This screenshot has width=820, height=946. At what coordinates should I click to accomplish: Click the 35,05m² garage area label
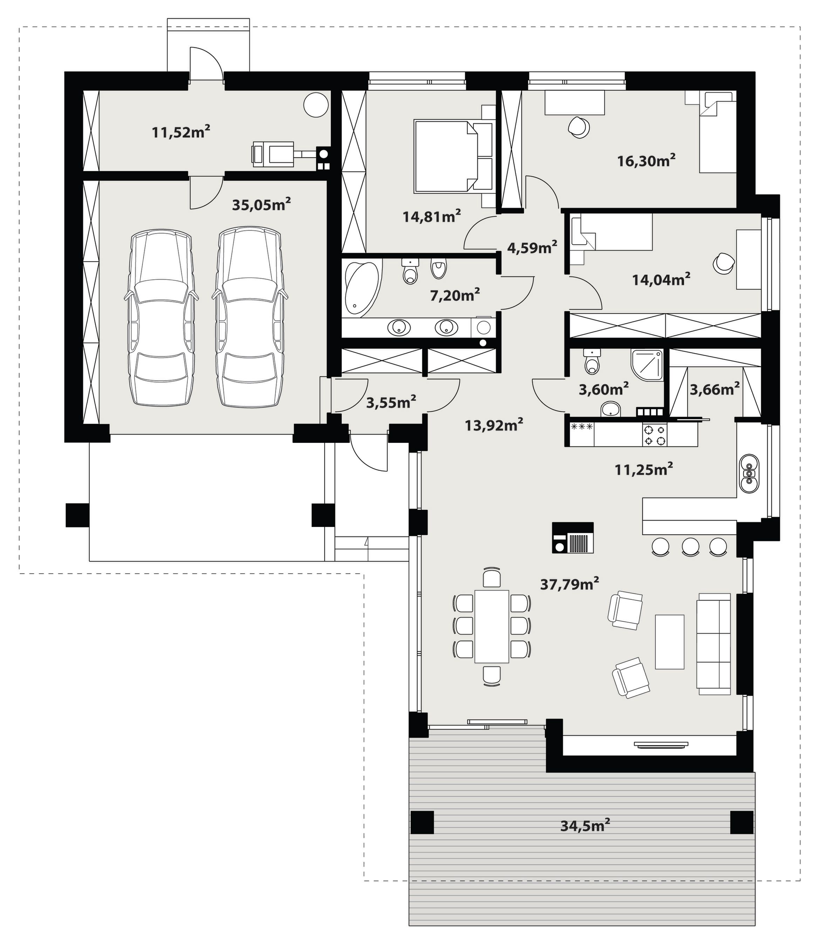(261, 204)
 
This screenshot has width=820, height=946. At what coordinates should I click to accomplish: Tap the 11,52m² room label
(181, 132)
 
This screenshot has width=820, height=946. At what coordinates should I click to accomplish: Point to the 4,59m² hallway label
(532, 247)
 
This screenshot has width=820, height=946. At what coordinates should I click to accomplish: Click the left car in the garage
(160, 317)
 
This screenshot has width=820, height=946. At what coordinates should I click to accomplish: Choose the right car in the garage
(250, 317)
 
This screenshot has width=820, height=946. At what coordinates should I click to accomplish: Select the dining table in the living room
(492, 626)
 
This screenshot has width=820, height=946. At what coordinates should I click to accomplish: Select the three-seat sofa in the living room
(713, 644)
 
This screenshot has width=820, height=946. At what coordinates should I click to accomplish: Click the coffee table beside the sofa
(670, 642)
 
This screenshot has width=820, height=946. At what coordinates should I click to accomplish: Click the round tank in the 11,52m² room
(316, 105)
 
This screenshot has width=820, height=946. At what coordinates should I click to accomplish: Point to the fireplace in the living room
(573, 537)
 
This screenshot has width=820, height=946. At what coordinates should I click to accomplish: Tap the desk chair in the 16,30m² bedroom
(579, 128)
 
